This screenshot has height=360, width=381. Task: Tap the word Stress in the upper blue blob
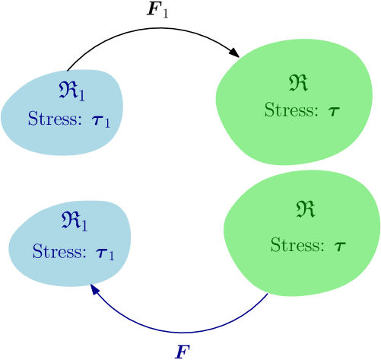coord(49,119)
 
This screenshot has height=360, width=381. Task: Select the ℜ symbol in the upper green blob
coord(299,83)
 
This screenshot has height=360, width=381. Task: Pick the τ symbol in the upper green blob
coord(333,112)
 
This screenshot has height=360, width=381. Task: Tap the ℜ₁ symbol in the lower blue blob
coord(75,221)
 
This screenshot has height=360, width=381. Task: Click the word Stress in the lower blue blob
coord(54,251)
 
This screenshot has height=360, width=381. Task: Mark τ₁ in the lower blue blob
coord(103,253)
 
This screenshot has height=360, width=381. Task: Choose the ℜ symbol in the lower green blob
coord(305,209)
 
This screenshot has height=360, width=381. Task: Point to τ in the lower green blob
coord(339,247)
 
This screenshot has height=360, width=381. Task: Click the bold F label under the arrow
coord(182,352)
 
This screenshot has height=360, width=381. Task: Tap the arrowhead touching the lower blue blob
coord(93,289)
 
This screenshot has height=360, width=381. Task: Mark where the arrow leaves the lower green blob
coord(268,295)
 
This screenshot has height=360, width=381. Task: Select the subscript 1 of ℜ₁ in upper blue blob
coord(81,95)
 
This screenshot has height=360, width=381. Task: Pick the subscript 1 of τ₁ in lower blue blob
coord(111,256)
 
